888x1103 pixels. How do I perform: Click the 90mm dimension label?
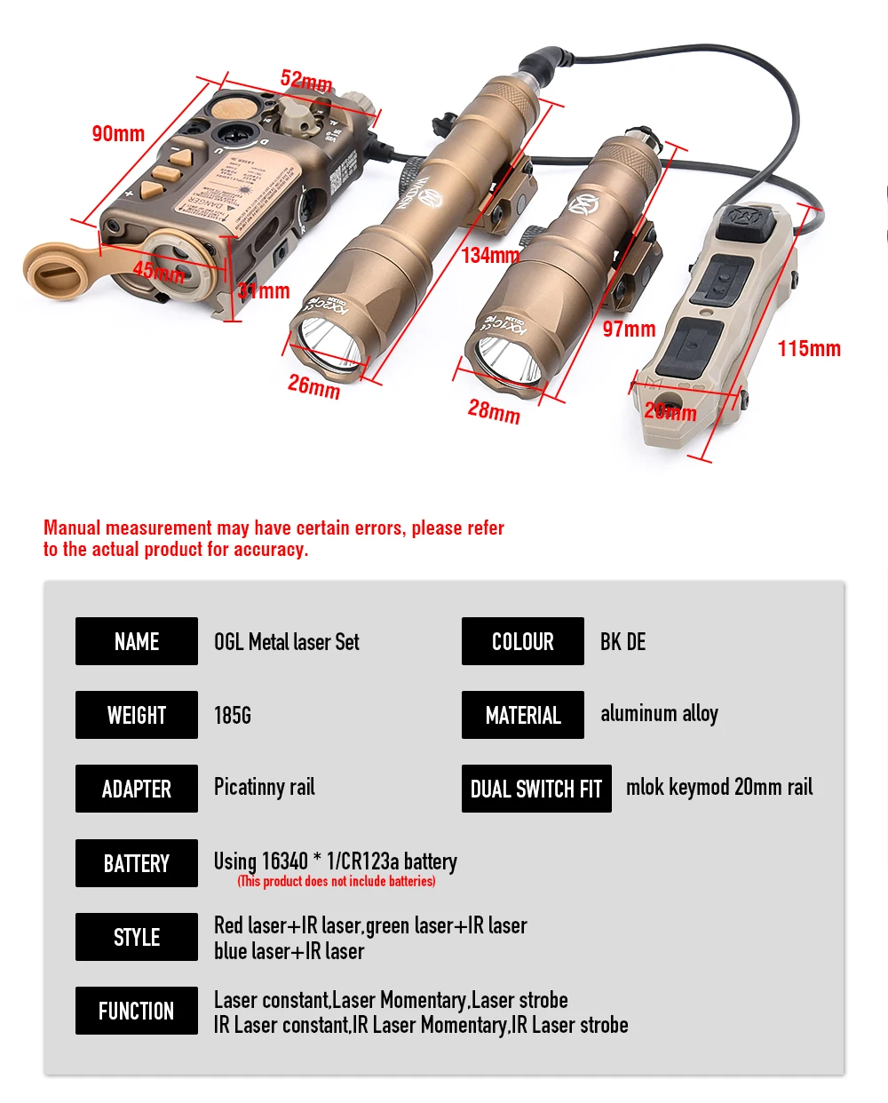point(118,134)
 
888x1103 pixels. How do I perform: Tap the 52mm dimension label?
point(306,81)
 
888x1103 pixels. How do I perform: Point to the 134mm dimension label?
point(490,256)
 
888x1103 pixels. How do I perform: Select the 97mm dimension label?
point(629,329)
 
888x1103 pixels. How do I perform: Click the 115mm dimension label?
point(809,349)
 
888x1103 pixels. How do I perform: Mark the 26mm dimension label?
point(313,386)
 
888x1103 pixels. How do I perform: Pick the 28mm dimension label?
point(494,411)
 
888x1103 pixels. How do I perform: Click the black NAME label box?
point(137,641)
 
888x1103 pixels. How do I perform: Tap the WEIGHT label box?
point(137,715)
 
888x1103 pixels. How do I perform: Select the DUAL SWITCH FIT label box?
point(536,789)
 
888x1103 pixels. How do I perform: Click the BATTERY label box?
point(137,863)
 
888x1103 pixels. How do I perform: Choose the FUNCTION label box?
point(137,1011)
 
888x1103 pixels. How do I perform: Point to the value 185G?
point(233,716)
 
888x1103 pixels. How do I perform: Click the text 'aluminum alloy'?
point(659,714)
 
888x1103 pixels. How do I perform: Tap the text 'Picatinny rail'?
point(265,788)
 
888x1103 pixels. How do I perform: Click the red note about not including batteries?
point(337,882)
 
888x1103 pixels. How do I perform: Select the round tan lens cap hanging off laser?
point(53,271)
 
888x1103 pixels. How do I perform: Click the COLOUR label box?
point(523,641)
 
